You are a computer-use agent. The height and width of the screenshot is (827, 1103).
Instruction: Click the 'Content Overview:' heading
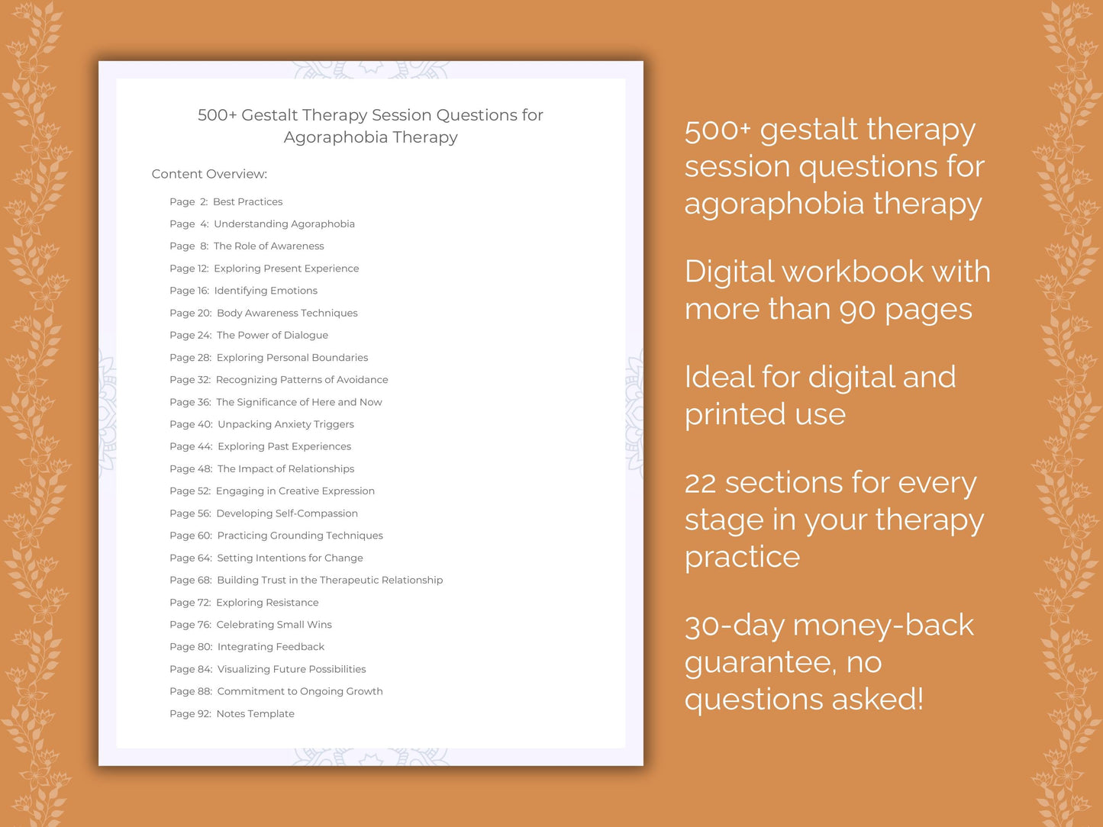[209, 174]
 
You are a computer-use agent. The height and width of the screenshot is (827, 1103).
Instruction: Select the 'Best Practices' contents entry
[247, 201]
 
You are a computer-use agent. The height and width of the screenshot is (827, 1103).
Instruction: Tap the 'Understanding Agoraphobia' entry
[284, 224]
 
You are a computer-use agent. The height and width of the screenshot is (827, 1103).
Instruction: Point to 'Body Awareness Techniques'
[287, 313]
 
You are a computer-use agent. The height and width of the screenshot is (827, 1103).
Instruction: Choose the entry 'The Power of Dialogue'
[273, 335]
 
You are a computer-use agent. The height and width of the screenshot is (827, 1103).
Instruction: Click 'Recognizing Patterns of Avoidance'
[302, 379]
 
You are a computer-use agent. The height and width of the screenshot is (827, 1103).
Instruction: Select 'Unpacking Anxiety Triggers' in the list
[285, 424]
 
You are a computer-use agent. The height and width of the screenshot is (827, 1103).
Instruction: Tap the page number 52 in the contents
[203, 491]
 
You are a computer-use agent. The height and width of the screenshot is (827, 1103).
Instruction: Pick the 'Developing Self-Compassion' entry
[287, 513]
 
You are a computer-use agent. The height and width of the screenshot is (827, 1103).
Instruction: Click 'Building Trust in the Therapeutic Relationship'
[330, 580]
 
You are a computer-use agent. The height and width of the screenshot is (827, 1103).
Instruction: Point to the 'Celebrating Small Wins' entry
[274, 624]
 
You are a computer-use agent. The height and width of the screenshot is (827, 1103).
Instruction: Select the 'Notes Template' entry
[255, 713]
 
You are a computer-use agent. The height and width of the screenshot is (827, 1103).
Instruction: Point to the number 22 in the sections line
[700, 483]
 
